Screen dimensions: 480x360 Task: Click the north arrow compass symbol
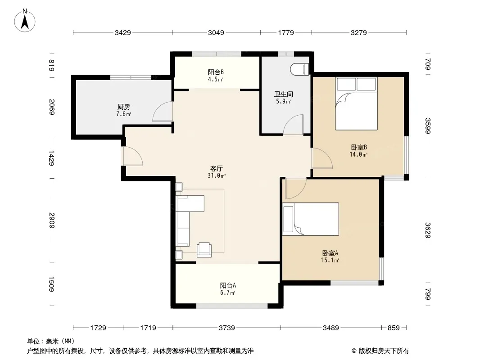[25, 21]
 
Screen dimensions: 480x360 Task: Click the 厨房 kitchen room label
[124, 107]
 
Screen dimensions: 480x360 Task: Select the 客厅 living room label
[217, 168]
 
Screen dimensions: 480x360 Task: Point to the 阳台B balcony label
[216, 72]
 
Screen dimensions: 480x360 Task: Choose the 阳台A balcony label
[228, 285]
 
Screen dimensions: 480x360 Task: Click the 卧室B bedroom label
[359, 148]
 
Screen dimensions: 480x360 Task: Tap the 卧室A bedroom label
[330, 253]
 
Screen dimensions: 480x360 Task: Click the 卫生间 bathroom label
[284, 94]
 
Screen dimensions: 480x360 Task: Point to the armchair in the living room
[204, 249]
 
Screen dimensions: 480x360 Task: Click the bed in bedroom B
[356, 103]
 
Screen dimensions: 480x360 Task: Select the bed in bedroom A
[311, 219]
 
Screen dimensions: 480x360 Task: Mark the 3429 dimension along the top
[123, 32]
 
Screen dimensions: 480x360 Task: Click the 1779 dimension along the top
[286, 32]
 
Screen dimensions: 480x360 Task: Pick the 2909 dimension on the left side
[51, 220]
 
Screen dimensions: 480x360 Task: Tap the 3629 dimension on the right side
[428, 230]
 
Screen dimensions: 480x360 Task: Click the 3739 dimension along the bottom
[227, 328]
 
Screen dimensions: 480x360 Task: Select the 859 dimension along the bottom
[394, 328]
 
